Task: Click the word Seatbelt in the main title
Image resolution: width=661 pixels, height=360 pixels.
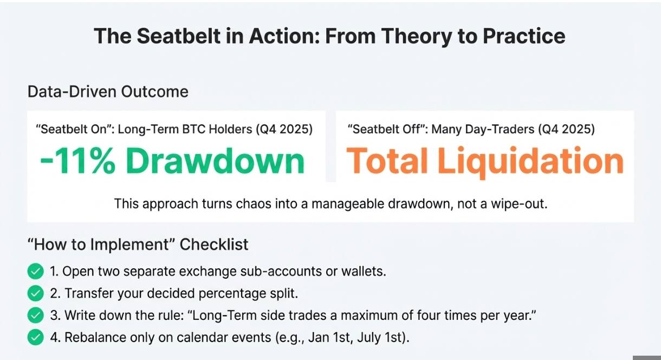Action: (179, 36)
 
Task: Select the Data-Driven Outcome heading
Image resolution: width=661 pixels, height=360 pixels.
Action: (108, 92)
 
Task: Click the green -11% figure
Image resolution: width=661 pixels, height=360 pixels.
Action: (77, 161)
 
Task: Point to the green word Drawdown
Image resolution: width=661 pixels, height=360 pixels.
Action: (215, 161)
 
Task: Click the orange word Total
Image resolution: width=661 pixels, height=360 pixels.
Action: (387, 161)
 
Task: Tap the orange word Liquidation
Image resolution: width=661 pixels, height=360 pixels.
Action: (530, 163)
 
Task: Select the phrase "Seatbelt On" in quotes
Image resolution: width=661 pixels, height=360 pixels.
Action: (75, 130)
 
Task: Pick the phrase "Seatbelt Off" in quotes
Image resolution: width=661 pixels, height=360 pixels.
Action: (387, 130)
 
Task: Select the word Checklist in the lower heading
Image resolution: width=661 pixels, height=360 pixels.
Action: (214, 245)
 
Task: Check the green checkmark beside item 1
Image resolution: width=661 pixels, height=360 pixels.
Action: (35, 271)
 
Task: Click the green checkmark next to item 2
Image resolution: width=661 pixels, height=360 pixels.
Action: (35, 293)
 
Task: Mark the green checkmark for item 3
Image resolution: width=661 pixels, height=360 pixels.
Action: (35, 315)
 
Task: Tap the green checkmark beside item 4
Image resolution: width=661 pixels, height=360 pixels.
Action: (35, 337)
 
